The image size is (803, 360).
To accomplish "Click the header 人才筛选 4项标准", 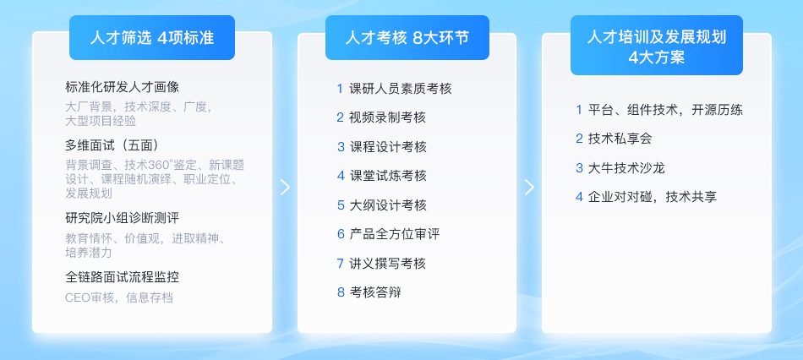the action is coord(152,38).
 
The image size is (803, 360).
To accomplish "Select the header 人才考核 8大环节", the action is coord(407,38).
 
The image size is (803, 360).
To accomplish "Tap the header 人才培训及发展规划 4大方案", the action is coord(657,46).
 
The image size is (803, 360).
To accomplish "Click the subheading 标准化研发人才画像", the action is coord(123,87).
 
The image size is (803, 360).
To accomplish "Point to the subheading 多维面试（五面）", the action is coord(115,145).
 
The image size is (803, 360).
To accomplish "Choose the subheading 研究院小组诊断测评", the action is coord(123,218).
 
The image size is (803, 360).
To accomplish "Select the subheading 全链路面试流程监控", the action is coord(123,277).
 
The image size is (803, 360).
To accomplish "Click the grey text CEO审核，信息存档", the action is coord(119,297).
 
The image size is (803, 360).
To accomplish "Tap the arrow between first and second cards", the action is coord(285,187).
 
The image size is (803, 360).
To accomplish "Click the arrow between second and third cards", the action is coord(529,187).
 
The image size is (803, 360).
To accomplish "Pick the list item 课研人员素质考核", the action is coord(401,89).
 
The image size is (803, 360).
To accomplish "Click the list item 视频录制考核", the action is coord(388,117).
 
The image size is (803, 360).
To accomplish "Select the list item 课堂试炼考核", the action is coord(388,176).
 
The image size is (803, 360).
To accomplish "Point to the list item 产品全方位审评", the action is coord(395,235).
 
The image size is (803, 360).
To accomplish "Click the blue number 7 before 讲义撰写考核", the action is coord(340,264).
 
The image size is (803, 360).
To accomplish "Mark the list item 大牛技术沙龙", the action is coord(627,168).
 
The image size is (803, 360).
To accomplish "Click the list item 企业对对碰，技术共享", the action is coord(653,197).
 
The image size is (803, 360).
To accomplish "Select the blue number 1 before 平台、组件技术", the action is coord(579,110).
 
